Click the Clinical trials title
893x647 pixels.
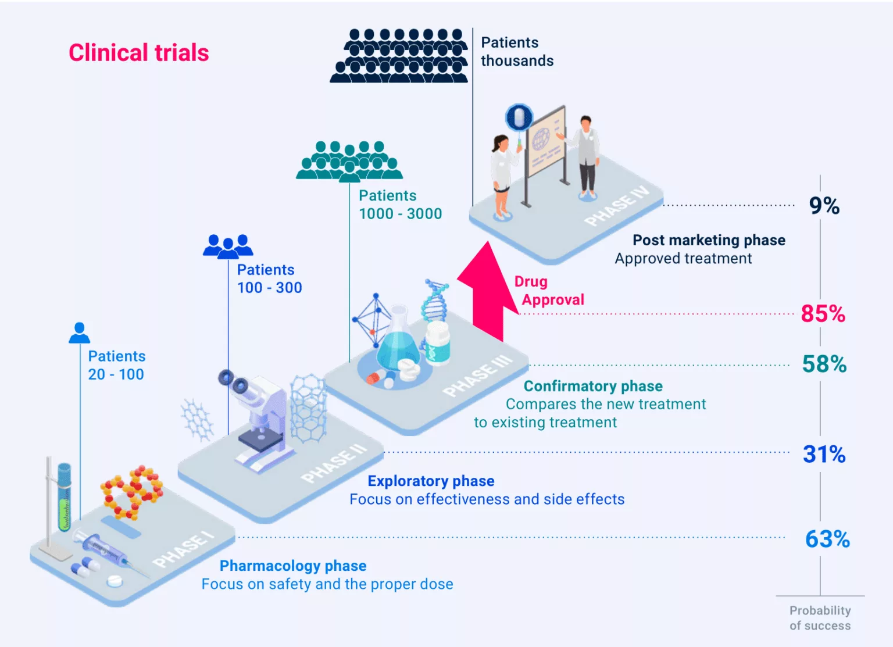(x=138, y=53)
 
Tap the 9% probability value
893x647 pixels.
(x=824, y=206)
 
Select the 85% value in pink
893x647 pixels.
(x=823, y=314)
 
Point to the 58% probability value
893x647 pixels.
(x=824, y=364)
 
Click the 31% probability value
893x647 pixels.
(x=824, y=454)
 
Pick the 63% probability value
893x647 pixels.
(x=827, y=539)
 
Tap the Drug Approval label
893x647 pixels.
(x=549, y=291)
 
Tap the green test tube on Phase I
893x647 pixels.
(x=65, y=497)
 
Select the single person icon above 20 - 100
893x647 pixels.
(x=79, y=333)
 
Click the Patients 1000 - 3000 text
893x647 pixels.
(x=400, y=205)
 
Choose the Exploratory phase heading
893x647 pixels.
(x=431, y=481)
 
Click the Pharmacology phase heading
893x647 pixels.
(x=293, y=566)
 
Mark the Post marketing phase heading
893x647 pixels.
(x=709, y=240)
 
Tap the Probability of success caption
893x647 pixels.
(x=820, y=618)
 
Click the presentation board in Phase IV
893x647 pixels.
(x=546, y=142)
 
